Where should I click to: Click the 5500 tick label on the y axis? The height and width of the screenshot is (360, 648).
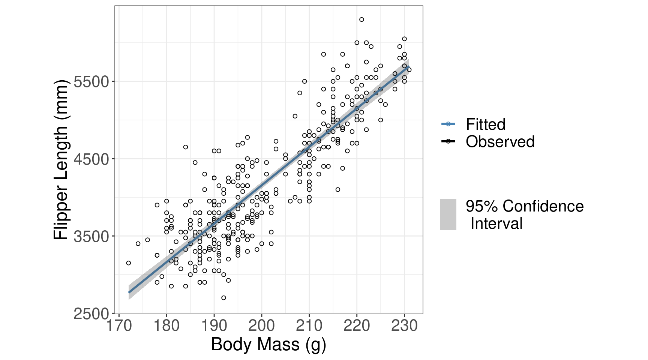click(91, 81)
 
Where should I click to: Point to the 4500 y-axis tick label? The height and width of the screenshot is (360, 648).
click(91, 159)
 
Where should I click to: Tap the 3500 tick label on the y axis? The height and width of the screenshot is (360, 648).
click(91, 236)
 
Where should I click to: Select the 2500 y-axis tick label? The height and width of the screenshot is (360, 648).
click(91, 313)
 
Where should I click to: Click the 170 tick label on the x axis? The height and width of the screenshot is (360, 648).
click(119, 325)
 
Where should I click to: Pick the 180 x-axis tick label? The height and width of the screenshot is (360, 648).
click(166, 325)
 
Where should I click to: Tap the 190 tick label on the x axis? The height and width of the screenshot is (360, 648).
click(214, 325)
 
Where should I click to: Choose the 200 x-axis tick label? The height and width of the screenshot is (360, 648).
click(262, 325)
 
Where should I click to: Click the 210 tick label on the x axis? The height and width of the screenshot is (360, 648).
click(309, 325)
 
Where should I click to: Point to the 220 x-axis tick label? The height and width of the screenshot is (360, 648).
click(357, 325)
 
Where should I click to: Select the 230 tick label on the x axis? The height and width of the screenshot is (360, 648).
click(404, 325)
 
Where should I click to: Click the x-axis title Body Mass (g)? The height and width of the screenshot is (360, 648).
click(268, 344)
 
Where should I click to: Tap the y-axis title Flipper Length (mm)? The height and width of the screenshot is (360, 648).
click(61, 160)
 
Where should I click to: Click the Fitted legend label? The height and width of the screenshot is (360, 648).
click(486, 124)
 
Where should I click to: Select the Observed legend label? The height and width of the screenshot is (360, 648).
click(500, 142)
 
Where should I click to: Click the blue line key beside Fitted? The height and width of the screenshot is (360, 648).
click(448, 124)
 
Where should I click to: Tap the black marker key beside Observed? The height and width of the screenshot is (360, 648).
click(448, 141)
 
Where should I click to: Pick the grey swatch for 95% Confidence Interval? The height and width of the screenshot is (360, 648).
click(448, 214)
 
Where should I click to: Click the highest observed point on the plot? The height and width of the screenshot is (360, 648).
click(361, 19)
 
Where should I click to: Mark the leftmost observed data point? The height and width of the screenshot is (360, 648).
click(129, 263)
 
